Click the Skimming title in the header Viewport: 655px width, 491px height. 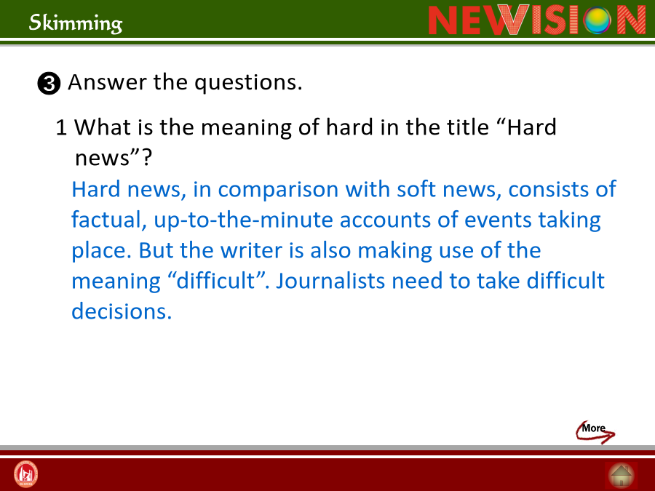(76, 23)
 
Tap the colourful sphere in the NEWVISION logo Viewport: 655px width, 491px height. (597, 20)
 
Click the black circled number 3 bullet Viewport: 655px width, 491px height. (49, 84)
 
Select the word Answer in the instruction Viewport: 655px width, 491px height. (107, 81)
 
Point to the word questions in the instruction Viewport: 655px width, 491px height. (248, 83)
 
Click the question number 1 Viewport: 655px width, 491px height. (61, 127)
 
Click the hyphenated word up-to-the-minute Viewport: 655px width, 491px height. (244, 220)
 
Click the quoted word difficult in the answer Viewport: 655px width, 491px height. (216, 281)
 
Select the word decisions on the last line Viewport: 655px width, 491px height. (122, 311)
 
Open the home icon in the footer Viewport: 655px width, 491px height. (622, 476)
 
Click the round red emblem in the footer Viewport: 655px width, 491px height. (26, 474)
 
